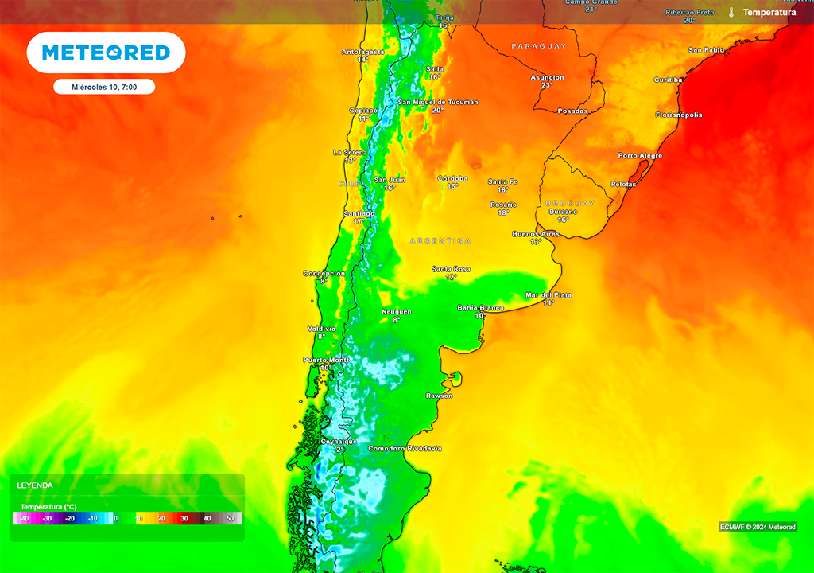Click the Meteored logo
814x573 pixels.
pos(106,53)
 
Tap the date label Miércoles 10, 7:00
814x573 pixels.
pos(104,87)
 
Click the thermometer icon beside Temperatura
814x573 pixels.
pos(731,12)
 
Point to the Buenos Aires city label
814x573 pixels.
pos(536,233)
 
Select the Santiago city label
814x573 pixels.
pos(359,213)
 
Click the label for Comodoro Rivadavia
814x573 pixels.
pos(405,449)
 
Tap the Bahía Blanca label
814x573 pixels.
pos(480,307)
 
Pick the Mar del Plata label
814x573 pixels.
pos(548,295)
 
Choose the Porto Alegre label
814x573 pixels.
pos(640,155)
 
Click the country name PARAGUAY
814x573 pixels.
pos(539,46)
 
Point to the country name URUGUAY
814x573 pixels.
pos(570,203)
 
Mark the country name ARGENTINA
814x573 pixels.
pos(440,240)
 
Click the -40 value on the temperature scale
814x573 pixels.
pos(25,518)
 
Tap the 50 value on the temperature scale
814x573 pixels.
pos(231,518)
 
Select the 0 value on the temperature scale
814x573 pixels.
pos(116,518)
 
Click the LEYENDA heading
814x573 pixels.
pos(35,485)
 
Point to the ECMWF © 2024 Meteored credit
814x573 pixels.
pos(758,527)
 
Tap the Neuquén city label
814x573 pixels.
pos(397,311)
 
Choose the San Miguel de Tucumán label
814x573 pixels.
pos(438,102)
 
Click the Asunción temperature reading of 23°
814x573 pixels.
pos(547,85)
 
